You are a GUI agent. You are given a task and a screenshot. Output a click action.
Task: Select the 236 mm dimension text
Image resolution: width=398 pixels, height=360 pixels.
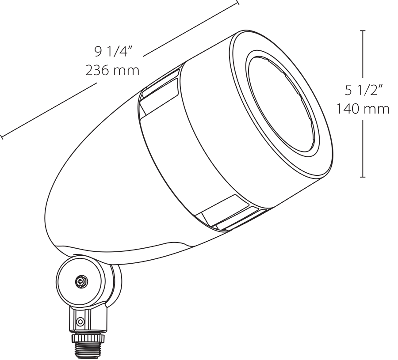[112, 70]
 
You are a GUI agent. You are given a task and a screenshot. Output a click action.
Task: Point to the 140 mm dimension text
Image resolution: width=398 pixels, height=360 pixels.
[363, 108]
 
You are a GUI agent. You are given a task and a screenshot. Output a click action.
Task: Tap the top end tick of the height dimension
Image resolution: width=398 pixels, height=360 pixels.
[363, 30]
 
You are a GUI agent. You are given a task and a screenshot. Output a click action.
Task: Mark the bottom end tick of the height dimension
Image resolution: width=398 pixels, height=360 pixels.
[363, 177]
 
